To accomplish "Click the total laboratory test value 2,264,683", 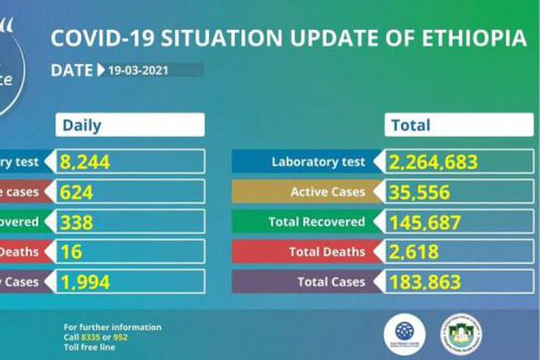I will click(x=434, y=162).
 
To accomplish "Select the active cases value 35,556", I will click(x=420, y=192).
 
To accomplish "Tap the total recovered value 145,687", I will click(x=425, y=222).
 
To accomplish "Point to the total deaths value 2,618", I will click(x=415, y=252).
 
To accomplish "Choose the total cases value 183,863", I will click(x=425, y=282).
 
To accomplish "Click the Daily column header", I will click(x=82, y=125).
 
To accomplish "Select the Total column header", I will click(x=411, y=125).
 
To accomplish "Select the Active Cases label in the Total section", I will click(x=327, y=192).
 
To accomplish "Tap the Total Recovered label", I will click(x=316, y=222).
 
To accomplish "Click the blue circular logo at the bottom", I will click(x=404, y=331).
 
